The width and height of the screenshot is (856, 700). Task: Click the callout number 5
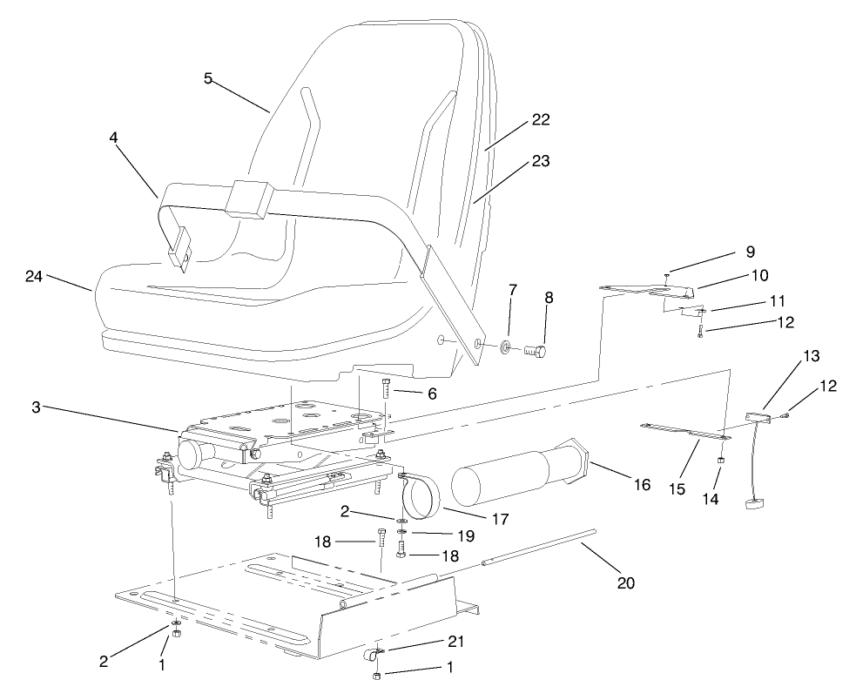pos(208,77)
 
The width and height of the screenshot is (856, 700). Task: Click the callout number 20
pos(626,582)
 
